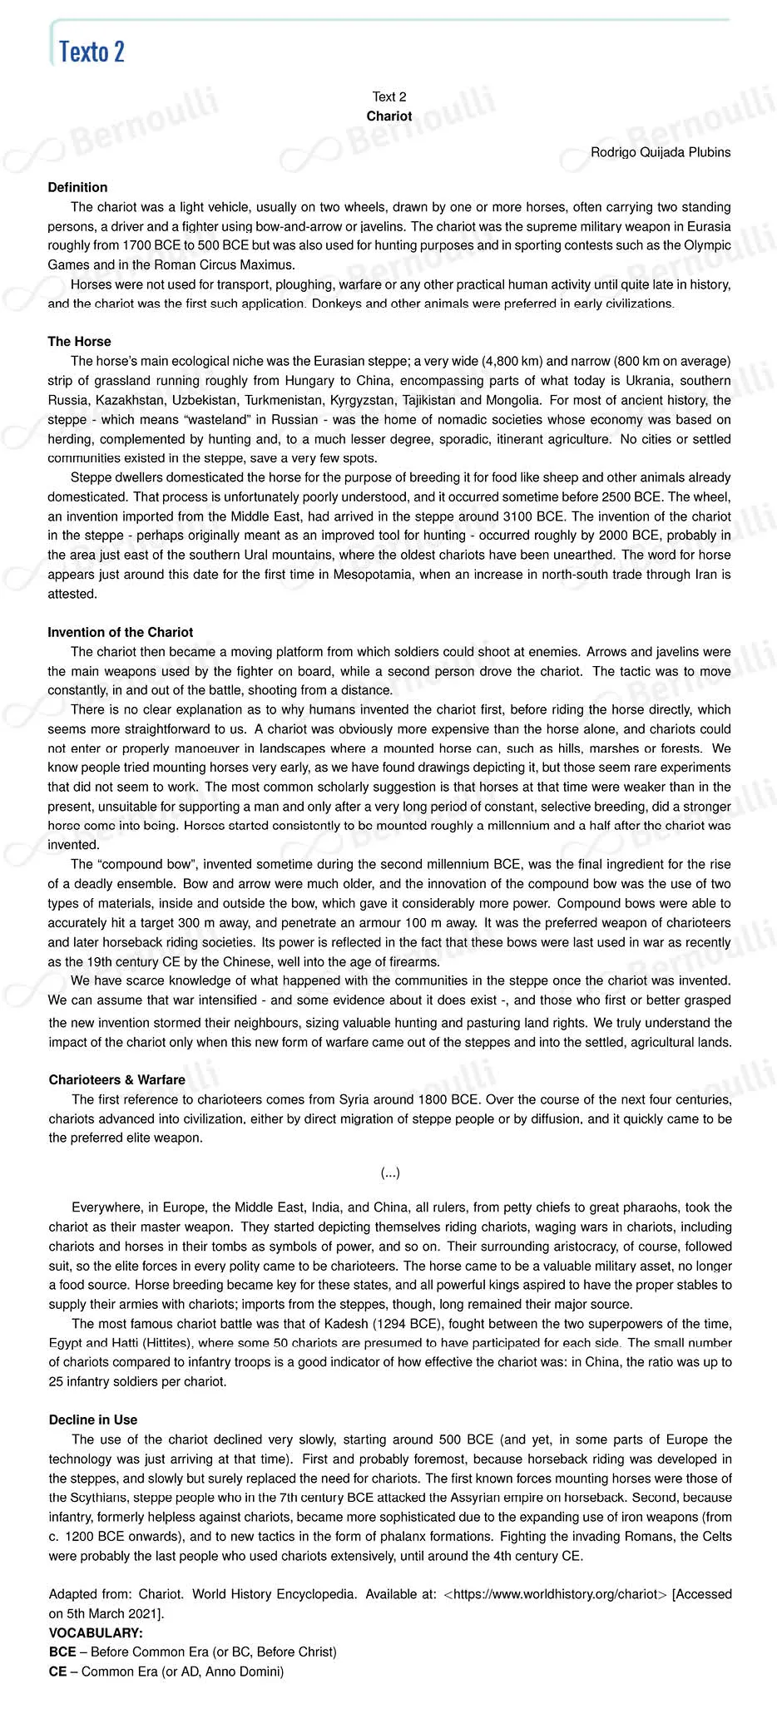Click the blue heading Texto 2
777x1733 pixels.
coord(92,52)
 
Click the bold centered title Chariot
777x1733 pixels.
coord(389,116)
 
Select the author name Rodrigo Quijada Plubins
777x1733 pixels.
coord(661,152)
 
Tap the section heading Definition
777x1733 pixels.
coord(77,187)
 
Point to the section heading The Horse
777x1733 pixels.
coord(79,342)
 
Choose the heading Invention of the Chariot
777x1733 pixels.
coord(120,633)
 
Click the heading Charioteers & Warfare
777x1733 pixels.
coord(116,1080)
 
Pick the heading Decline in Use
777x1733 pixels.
coord(93,1420)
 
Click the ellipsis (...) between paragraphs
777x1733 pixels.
coord(390,1173)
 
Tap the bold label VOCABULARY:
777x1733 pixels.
coord(96,1633)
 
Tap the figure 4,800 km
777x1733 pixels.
coord(514,362)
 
